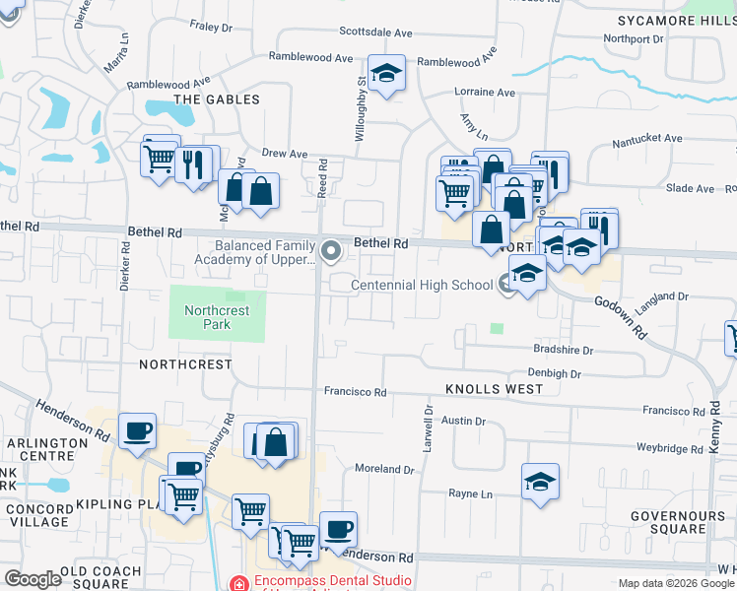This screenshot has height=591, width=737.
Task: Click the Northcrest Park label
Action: pyautogui.click(x=217, y=316)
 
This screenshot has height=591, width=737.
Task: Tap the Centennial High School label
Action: pyautogui.click(x=424, y=286)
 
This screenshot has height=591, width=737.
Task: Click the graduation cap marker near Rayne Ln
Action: pyautogui.click(x=540, y=482)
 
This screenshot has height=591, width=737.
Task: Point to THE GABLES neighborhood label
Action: pyautogui.click(x=217, y=99)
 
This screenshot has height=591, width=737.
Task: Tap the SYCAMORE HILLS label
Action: pyautogui.click(x=675, y=21)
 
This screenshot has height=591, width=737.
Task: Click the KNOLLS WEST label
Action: pyautogui.click(x=493, y=389)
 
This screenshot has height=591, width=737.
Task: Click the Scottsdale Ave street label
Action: pyautogui.click(x=373, y=31)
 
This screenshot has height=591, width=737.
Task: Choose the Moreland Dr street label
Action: pyautogui.click(x=384, y=469)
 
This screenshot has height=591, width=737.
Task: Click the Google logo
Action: pyautogui.click(x=33, y=579)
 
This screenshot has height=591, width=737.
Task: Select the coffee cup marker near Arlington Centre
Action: pyautogui.click(x=137, y=430)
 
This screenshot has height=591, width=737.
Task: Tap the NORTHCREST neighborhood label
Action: pyautogui.click(x=185, y=364)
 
